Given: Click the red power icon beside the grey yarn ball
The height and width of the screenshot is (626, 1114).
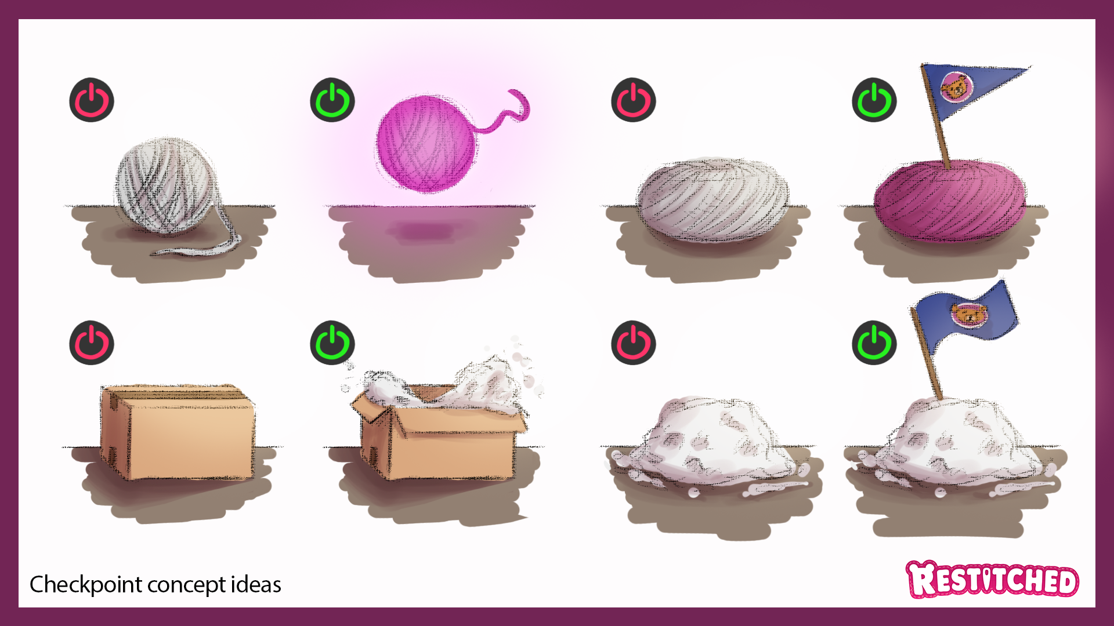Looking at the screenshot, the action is [92, 100].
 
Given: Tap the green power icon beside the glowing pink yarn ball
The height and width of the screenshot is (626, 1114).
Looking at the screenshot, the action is [332, 100].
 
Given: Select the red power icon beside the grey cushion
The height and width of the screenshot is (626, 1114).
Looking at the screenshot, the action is [634, 100].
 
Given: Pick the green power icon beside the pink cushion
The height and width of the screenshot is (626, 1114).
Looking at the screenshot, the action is [874, 100].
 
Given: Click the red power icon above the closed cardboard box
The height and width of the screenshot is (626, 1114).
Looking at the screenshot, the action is [92, 343].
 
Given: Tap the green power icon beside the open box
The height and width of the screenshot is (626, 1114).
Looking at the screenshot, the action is [332, 343].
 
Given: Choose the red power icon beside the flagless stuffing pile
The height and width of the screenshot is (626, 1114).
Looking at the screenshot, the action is [634, 343].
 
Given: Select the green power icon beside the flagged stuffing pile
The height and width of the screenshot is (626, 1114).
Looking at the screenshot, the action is [874, 343].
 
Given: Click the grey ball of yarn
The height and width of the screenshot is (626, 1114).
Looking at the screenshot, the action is [167, 185].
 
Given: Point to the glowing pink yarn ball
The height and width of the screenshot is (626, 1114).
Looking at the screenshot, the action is [427, 144].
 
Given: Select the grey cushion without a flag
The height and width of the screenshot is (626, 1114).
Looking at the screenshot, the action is [713, 199].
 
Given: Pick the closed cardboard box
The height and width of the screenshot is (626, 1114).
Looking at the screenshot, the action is [178, 432].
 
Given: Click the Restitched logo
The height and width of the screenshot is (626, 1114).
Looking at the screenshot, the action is [992, 579].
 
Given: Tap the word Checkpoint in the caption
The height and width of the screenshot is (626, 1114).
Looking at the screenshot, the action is [86, 585].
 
